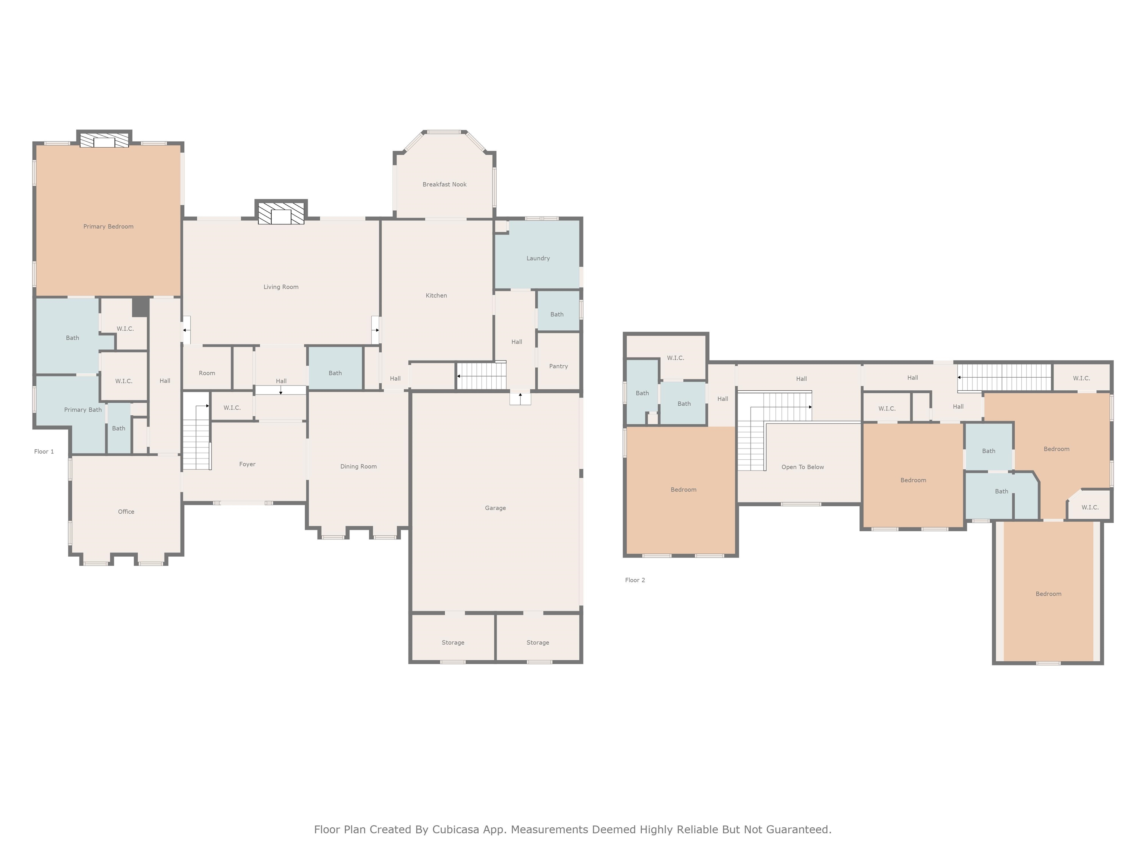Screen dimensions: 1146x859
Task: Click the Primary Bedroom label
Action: [x=108, y=226]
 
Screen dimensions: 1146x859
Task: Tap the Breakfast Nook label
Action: [x=445, y=184]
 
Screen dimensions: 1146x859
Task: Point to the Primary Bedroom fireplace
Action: [x=104, y=140]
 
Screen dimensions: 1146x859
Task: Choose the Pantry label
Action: [x=558, y=366]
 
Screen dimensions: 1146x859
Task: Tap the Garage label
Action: [x=495, y=508]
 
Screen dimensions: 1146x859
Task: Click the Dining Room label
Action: [x=358, y=466]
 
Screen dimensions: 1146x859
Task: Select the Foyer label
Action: [x=247, y=464]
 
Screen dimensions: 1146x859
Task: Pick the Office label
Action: [x=126, y=512]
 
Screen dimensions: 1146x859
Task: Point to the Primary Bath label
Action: [x=83, y=410]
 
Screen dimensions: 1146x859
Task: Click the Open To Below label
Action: [x=802, y=467]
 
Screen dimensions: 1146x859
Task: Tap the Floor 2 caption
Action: [x=635, y=580]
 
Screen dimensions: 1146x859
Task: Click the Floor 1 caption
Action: [x=44, y=451]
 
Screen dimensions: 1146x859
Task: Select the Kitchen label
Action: [x=436, y=295]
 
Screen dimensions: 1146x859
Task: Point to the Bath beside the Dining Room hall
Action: [x=335, y=369]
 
